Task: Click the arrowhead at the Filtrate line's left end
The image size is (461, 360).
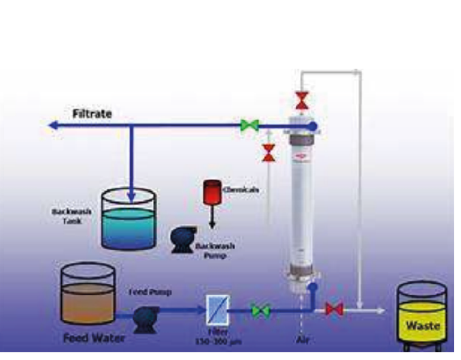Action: [52, 125]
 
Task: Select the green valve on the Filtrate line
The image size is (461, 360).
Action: [250, 125]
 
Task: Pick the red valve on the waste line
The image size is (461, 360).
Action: [334, 310]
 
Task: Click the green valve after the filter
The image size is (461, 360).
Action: [260, 310]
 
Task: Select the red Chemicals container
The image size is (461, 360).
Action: [210, 192]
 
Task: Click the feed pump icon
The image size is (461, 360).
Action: [144, 317]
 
